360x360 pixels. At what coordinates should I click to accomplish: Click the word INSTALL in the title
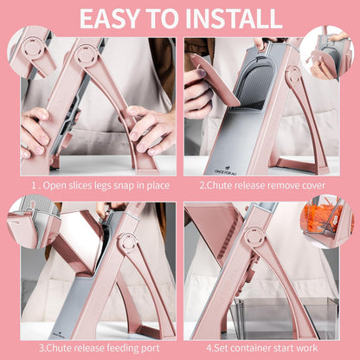tap(234, 18)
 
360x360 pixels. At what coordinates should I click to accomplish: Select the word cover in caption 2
tap(313, 185)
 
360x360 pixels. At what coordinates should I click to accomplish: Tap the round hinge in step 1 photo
tap(86, 55)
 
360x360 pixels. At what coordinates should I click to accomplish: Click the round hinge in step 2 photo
tap(295, 75)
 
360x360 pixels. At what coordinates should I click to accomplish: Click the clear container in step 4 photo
tap(286, 318)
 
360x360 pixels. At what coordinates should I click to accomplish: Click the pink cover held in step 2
tap(214, 79)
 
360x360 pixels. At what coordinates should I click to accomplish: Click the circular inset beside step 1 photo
tap(32, 51)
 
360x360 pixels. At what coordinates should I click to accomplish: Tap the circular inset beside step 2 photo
tap(327, 52)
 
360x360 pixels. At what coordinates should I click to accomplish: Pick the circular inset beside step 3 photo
tap(34, 222)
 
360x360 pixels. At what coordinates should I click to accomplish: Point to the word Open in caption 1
tap(54, 186)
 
